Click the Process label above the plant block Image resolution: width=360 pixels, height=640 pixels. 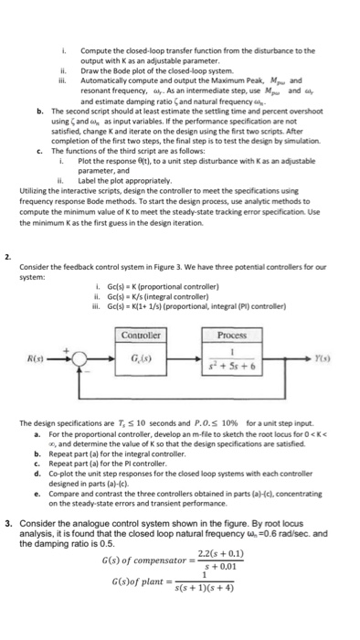pyautogui.click(x=226, y=335)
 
